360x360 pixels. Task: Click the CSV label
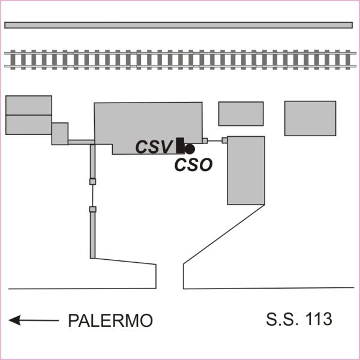pos(154,147)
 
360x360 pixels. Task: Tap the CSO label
pos(193,165)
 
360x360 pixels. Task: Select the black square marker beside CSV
pos(180,145)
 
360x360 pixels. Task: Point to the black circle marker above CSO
pos(190,149)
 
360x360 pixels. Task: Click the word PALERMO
pos(110,321)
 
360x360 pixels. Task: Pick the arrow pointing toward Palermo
pos(34,321)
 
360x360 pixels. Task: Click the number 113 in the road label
pos(318,319)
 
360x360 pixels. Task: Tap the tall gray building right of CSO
pos(246,170)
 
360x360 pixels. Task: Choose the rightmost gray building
pos(310,118)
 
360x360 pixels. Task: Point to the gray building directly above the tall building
pos(241,113)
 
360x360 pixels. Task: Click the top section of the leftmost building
pos(29,105)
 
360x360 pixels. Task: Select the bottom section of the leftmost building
pos(29,124)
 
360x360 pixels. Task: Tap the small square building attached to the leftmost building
pos(60,133)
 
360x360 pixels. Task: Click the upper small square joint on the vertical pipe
pos(92,181)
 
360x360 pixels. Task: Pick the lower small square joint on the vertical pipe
pos(92,209)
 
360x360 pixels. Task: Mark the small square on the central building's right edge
pos(205,140)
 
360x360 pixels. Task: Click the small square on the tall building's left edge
pos(224,140)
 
